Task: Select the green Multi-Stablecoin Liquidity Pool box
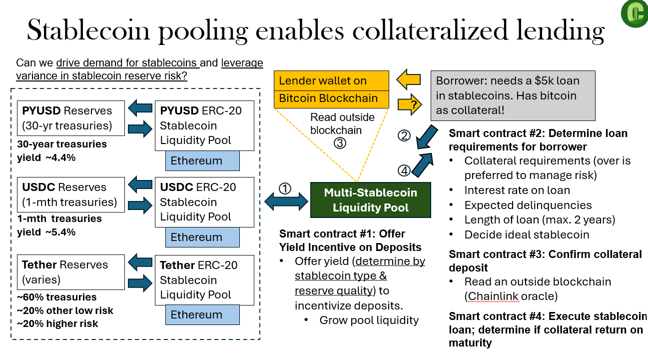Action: [x=370, y=200]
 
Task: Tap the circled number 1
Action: [x=284, y=188]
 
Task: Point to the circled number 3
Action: [x=340, y=142]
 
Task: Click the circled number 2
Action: [x=404, y=135]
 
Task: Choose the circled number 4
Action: [x=404, y=170]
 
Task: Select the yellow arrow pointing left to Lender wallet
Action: [x=409, y=79]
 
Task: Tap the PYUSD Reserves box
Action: [x=70, y=118]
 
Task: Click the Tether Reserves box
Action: [x=70, y=272]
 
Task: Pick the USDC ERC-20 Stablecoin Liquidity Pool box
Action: [x=204, y=202]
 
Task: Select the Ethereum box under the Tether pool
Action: [x=202, y=314]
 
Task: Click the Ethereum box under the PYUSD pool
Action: [x=202, y=160]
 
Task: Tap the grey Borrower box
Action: [x=513, y=95]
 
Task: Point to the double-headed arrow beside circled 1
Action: [x=286, y=202]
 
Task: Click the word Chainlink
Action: [x=493, y=296]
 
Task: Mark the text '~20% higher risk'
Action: [x=57, y=323]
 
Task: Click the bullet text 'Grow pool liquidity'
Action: [x=369, y=320]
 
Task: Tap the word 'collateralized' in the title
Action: [x=433, y=31]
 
